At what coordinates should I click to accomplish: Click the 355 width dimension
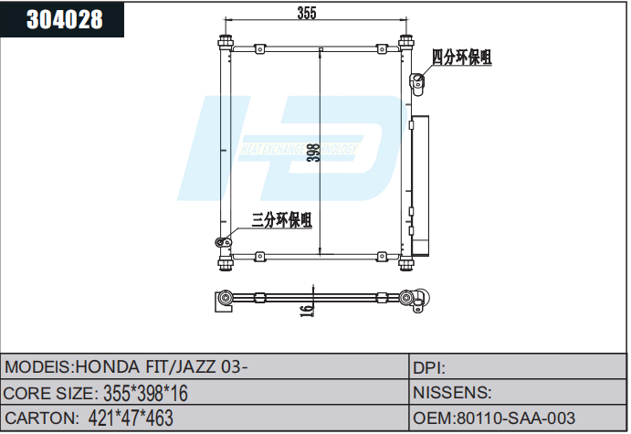point(307,13)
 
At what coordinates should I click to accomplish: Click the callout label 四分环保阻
point(461,58)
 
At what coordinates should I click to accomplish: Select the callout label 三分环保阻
point(282,219)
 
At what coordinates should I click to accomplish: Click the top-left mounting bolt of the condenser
point(225,43)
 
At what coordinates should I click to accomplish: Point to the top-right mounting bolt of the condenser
point(406,43)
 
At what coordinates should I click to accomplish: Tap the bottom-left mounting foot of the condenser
point(225,263)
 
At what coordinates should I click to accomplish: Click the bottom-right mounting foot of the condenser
point(406,263)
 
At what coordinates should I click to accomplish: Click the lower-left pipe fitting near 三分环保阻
point(220,242)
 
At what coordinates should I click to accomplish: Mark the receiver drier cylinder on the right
point(421,187)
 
